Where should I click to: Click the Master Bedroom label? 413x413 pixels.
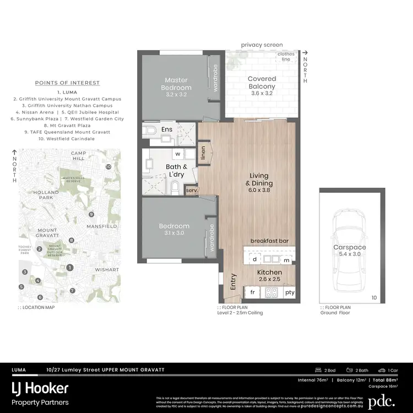point(176,84)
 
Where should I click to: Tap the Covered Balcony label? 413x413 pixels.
point(262,83)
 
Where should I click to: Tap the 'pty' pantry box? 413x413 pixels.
point(289,292)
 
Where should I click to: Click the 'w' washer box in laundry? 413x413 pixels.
point(178,154)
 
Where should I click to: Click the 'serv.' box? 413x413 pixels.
point(192,190)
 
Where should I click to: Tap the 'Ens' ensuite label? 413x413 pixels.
point(167,130)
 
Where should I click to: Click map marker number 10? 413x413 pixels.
point(108,166)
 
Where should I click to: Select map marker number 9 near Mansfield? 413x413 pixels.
point(91,214)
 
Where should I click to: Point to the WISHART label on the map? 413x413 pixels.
point(106,270)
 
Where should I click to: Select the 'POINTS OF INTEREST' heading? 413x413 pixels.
point(67,83)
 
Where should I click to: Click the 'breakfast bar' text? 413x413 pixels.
point(270,241)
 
